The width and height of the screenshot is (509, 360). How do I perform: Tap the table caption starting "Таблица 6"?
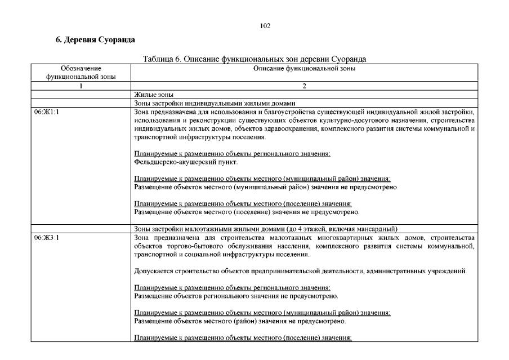pyautogui.click(x=254, y=59)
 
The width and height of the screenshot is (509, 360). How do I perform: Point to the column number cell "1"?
pyautogui.click(x=81, y=86)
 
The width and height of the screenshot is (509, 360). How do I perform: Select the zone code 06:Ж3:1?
pyautogui.click(x=47, y=238)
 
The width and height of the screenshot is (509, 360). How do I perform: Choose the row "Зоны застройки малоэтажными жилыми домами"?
pyautogui.click(x=265, y=229)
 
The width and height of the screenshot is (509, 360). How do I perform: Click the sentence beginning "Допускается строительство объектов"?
pyautogui.click(x=300, y=272)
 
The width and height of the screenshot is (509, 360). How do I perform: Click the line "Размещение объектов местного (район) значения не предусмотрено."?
pyautogui.click(x=240, y=321)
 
